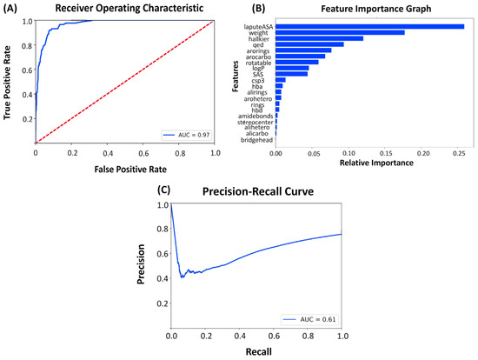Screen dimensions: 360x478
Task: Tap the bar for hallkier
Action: pos(319,39)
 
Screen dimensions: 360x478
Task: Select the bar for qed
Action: pos(309,44)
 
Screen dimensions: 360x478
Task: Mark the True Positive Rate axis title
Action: pos(9,82)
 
